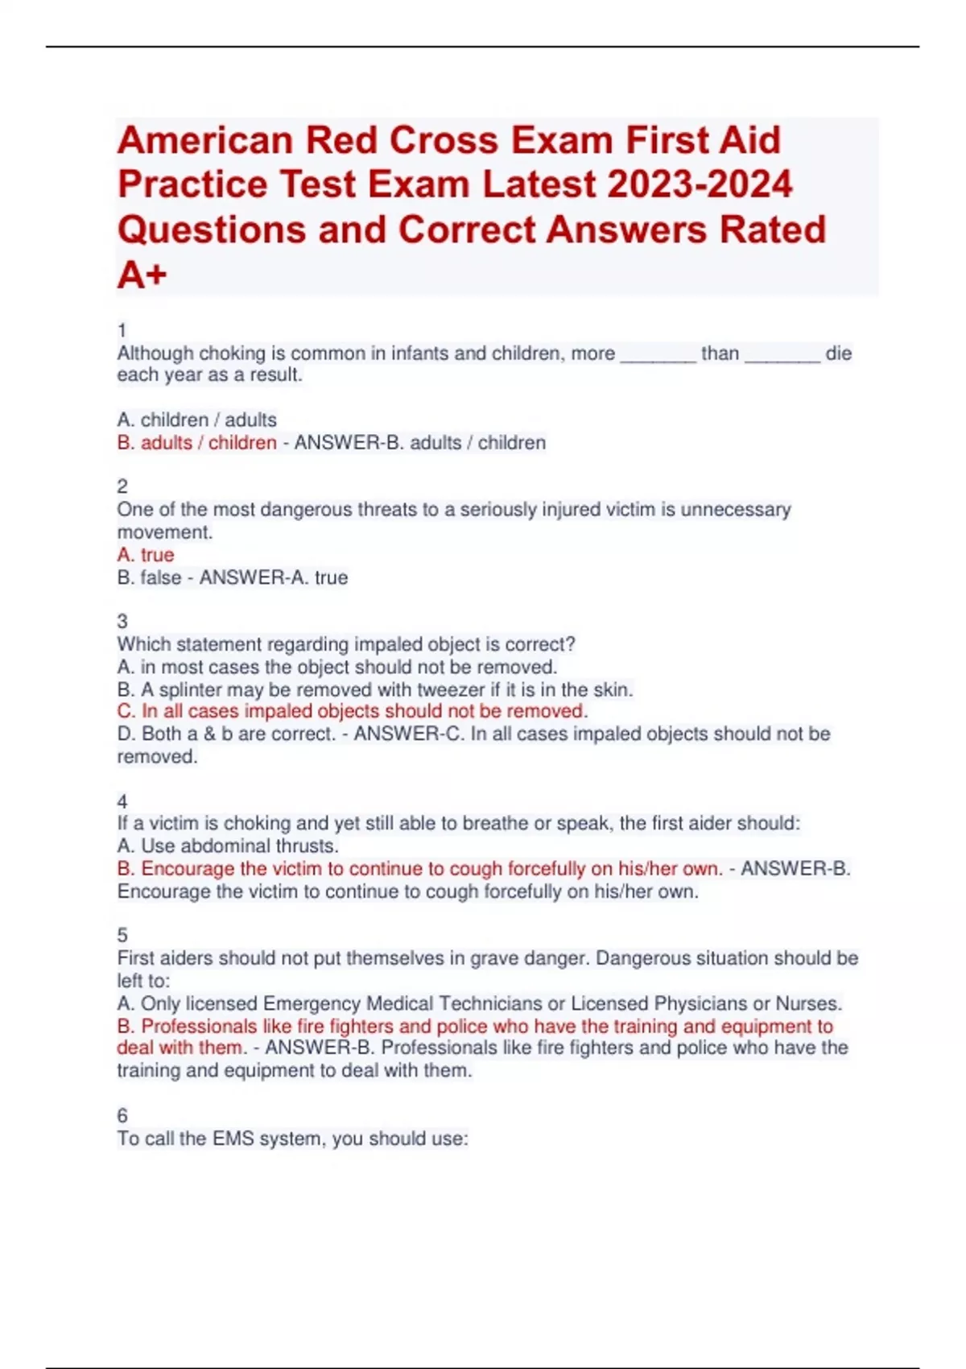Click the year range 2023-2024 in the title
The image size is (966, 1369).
[x=700, y=184]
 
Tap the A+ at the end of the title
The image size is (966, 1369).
[x=142, y=275]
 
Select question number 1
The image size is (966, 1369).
[x=122, y=330]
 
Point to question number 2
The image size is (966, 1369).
[x=122, y=486]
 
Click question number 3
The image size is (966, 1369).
[x=122, y=621]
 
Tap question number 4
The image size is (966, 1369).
[x=122, y=801]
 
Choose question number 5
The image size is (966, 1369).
[x=122, y=935]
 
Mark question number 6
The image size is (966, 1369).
[x=122, y=1115]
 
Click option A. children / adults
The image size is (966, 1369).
[x=196, y=420]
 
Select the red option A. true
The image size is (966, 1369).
[x=146, y=555]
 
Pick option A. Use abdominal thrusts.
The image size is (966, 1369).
[x=228, y=846]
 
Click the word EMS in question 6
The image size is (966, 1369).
[x=233, y=1139]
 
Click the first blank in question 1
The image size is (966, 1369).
[x=658, y=354]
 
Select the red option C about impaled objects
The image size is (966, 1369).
[x=352, y=711]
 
